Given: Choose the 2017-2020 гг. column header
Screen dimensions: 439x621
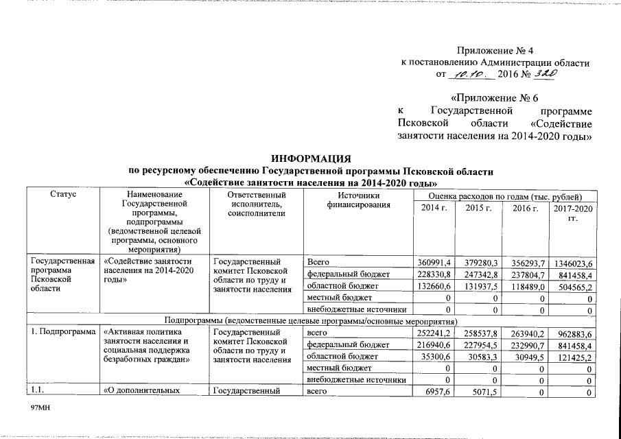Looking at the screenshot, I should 574,213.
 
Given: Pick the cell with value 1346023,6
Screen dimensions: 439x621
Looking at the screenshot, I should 574,263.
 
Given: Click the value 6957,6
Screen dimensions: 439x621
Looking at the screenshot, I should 438,392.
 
